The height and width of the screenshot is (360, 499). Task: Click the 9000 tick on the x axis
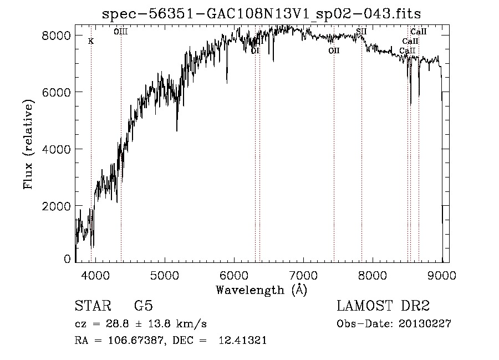coord(442,275)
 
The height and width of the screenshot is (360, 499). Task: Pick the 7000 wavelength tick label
coord(303,275)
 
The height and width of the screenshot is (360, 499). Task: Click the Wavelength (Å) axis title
coord(261,290)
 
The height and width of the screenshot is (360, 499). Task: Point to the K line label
coord(91,41)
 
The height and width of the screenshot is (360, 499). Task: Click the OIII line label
coord(121,32)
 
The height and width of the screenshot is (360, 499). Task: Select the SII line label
coord(361,32)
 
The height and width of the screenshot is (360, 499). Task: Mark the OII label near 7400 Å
coord(334,50)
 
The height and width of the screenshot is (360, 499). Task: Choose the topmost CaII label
coord(418,32)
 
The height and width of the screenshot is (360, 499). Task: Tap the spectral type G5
coord(144,306)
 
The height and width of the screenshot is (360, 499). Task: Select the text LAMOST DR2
coord(383,306)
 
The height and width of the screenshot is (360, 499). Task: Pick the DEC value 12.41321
coord(243,341)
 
